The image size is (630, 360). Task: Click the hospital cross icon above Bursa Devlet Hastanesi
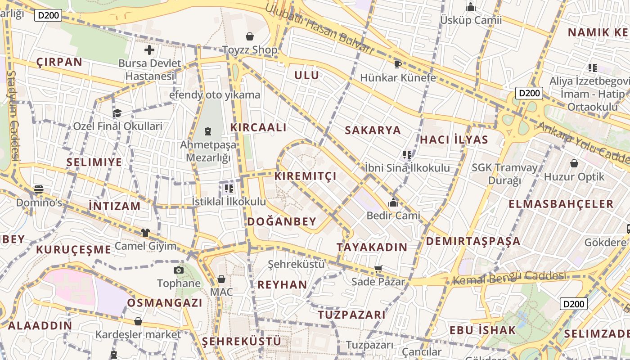pyautogui.click(x=149, y=50)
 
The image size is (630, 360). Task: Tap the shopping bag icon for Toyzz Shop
pyautogui.click(x=250, y=36)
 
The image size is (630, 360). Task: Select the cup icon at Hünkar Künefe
pyautogui.click(x=397, y=64)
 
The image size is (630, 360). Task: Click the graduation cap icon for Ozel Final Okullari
pyautogui.click(x=117, y=113)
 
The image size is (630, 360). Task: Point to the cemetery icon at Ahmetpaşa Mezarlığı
pyautogui.click(x=208, y=131)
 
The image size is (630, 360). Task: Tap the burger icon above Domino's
pyautogui.click(x=39, y=189)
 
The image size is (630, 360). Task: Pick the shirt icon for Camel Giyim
pyautogui.click(x=145, y=233)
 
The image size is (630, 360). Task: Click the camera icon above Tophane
pyautogui.click(x=179, y=270)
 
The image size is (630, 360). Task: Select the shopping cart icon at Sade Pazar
pyautogui.click(x=378, y=269)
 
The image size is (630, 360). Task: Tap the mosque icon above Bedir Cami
pyautogui.click(x=393, y=202)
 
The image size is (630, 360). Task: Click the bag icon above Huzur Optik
pyautogui.click(x=574, y=163)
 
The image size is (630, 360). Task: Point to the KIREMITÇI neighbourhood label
pyautogui.click(x=306, y=176)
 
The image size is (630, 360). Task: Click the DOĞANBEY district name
pyautogui.click(x=282, y=221)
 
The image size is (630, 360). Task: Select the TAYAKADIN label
pyautogui.click(x=372, y=247)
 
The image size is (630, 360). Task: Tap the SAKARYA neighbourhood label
pyautogui.click(x=373, y=130)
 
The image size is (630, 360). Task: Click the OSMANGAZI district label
pyautogui.click(x=165, y=303)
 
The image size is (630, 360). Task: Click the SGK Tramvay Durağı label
pyautogui.click(x=504, y=174)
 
